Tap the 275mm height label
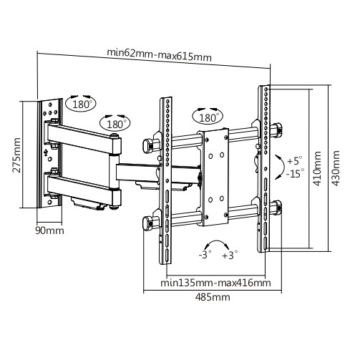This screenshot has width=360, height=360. coord(16,155)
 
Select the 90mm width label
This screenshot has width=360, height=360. coord(49,230)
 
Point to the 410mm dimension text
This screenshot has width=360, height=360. coord(317,168)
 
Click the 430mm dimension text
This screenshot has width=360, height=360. coord(336,168)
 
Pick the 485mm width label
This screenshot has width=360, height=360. coord(213,297)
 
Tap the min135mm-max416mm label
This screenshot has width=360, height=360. coord(215,283)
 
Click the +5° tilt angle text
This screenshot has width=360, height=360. coord(295,160)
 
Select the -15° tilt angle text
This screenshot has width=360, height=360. coord(295,173)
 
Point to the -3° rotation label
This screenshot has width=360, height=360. coord(205,255)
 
